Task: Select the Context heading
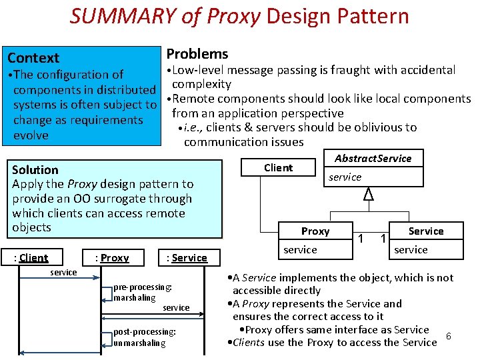[x=33, y=58]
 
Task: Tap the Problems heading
[x=197, y=54]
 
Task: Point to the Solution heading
[x=35, y=170]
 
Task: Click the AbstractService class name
[x=373, y=158]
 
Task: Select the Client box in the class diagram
[x=278, y=167]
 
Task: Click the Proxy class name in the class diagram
[x=315, y=231]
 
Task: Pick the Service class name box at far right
[x=425, y=231]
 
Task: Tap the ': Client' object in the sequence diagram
[x=33, y=258]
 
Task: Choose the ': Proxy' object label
[x=112, y=258]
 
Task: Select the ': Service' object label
[x=187, y=258]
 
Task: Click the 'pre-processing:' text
[x=143, y=287]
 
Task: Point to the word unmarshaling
[x=139, y=343]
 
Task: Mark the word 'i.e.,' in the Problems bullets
[x=197, y=127]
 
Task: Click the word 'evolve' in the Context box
[x=31, y=135]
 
